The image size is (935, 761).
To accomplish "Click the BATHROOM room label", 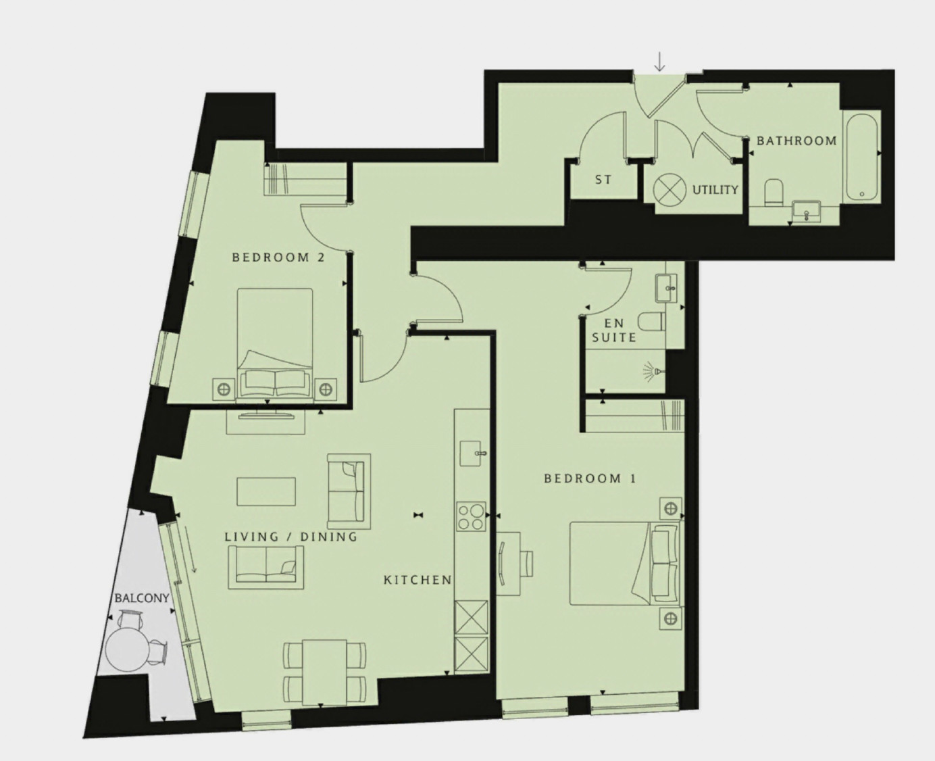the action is [x=797, y=141].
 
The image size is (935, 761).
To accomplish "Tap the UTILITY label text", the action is [x=715, y=190].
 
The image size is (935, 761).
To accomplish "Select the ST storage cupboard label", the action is [x=603, y=180].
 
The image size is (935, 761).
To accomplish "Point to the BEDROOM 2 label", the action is [x=278, y=257].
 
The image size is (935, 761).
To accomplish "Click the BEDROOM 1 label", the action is [x=590, y=478].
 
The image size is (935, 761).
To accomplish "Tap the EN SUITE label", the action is [x=613, y=330].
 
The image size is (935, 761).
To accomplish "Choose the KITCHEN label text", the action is [x=418, y=580].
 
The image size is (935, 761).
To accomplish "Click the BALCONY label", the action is [x=142, y=597].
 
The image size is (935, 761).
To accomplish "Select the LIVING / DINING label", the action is [x=290, y=537].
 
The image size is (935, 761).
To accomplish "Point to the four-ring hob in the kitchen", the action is [x=471, y=516].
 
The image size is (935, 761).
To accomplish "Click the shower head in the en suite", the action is [x=654, y=372].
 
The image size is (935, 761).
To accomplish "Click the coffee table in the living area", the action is [x=266, y=492].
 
